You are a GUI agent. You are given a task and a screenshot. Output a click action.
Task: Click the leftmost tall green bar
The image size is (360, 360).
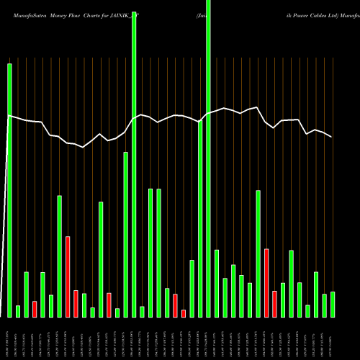pyautogui.click(x=9, y=187)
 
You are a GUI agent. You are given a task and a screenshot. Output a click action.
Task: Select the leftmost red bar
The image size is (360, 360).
pyautogui.click(x=35, y=309)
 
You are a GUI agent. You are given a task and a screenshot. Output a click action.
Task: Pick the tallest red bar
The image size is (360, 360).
pyautogui.click(x=68, y=276)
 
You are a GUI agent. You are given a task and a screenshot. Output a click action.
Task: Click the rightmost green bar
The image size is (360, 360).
pyautogui.click(x=333, y=304)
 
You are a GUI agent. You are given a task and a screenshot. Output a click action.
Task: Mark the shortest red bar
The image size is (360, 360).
pyautogui.click(x=184, y=313)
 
